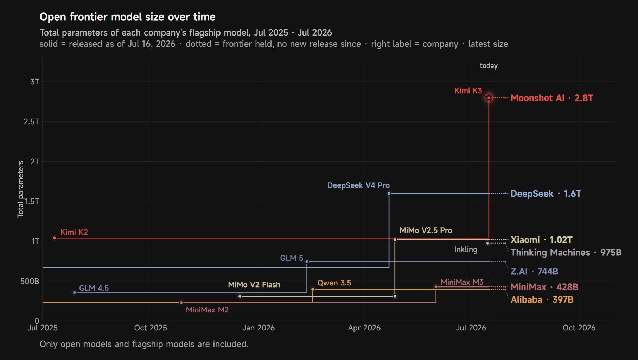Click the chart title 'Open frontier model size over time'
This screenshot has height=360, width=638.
pyautogui.click(x=127, y=17)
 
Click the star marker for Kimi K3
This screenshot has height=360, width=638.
pyautogui.click(x=489, y=97)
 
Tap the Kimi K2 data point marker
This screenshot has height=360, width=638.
pyautogui.click(x=55, y=238)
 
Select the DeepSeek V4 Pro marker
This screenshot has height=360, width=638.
pyautogui.click(x=389, y=193)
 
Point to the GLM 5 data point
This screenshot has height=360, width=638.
pyautogui.click(x=307, y=261)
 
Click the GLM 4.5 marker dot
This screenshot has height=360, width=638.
pyautogui.click(x=74, y=292)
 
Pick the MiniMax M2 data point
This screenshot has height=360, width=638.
pyautogui.click(x=181, y=302)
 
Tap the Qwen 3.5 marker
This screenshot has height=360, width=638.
pyautogui.click(x=313, y=289)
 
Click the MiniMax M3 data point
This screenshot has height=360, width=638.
pyautogui.click(x=436, y=287)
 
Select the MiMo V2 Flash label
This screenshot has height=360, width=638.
pyautogui.click(x=254, y=284)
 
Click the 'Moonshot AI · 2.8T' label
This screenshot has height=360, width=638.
pyautogui.click(x=552, y=98)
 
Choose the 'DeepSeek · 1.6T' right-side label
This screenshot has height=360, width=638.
pyautogui.click(x=546, y=194)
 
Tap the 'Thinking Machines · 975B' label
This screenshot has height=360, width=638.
pyautogui.click(x=566, y=252)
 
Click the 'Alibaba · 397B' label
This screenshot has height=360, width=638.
pyautogui.click(x=542, y=299)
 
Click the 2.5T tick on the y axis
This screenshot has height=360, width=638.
pyautogui.click(x=31, y=121)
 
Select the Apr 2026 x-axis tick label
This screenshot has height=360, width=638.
pyautogui.click(x=364, y=328)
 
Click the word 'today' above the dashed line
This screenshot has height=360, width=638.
pyautogui.click(x=489, y=65)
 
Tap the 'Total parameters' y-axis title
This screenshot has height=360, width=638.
pyautogui.click(x=20, y=189)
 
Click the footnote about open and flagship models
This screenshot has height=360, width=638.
pyautogui.click(x=144, y=344)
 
